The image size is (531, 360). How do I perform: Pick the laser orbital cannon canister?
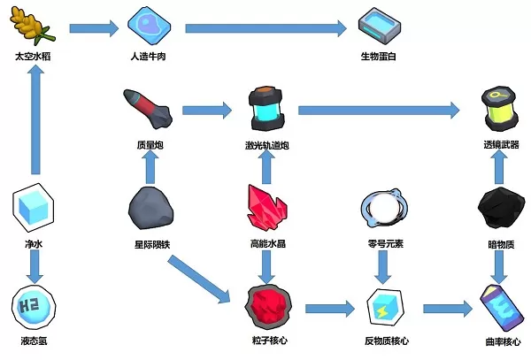[265, 107]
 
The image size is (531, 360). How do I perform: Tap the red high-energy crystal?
[265, 205]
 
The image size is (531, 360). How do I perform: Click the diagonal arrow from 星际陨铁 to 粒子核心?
[204, 280]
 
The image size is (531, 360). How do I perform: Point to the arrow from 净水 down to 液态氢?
[34, 264]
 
